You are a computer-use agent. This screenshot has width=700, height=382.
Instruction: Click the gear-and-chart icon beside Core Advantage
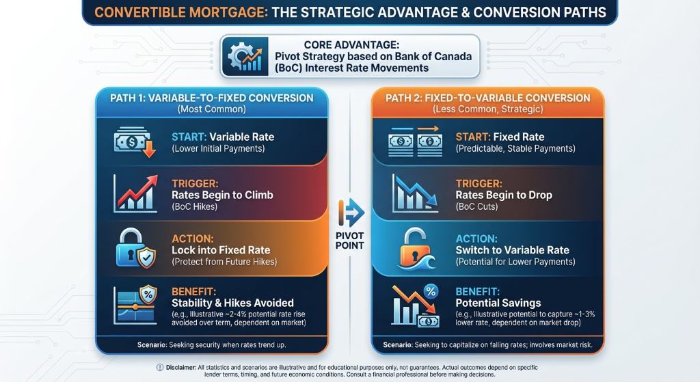click(245, 57)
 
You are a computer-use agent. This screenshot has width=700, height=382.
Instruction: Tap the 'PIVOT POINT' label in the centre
click(350, 241)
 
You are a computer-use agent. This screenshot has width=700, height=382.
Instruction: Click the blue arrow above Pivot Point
click(351, 213)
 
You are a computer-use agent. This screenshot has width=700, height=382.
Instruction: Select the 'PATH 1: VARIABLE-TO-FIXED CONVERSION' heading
click(212, 98)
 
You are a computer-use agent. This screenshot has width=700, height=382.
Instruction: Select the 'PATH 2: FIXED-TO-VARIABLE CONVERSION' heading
click(488, 98)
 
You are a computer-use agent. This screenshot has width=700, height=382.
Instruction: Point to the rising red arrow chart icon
click(136, 193)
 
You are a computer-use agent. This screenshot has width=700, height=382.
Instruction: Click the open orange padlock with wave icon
click(416, 249)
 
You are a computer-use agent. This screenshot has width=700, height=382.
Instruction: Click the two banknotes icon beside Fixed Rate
click(415, 141)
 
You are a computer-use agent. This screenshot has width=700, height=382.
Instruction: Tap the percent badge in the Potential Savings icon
click(431, 292)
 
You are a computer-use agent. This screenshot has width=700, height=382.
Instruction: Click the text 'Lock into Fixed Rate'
click(221, 250)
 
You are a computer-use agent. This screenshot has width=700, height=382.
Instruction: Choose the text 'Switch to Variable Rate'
click(513, 250)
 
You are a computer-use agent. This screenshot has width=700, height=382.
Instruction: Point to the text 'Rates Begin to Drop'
click(504, 195)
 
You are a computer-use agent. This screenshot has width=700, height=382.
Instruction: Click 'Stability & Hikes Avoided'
click(232, 303)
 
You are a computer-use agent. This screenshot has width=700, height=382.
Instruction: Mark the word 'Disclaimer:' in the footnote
click(180, 367)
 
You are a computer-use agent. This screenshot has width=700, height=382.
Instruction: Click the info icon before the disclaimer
click(160, 367)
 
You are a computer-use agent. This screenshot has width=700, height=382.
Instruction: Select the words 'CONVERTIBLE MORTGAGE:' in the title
click(181, 12)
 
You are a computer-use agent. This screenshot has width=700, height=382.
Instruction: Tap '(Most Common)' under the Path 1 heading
click(212, 109)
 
